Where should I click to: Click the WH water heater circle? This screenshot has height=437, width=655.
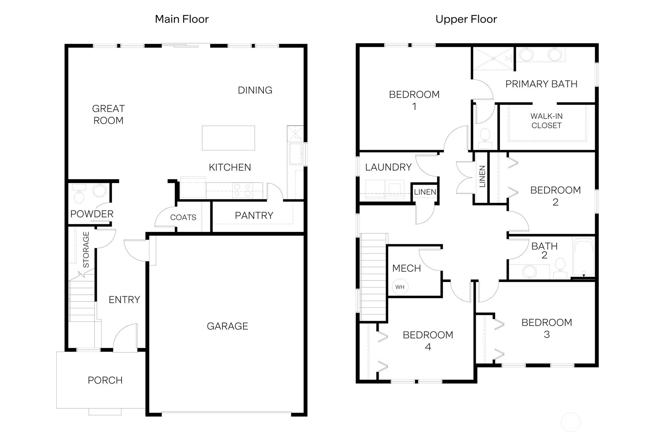click(400, 287)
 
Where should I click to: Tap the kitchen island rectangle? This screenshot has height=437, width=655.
click(228, 138)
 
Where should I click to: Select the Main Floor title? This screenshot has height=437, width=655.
click(181, 19)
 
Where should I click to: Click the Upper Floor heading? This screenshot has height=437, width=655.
click(466, 19)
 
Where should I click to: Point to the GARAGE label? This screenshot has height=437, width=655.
click(227, 326)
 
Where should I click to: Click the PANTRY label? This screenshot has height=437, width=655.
click(254, 216)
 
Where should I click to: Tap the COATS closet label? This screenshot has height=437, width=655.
click(183, 217)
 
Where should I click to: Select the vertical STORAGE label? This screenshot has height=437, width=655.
click(86, 250)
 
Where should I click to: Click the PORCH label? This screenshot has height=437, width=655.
click(105, 380)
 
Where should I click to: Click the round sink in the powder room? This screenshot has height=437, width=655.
click(100, 190)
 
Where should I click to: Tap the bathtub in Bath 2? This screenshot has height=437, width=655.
click(584, 257)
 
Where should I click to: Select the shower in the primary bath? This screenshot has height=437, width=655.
click(494, 59)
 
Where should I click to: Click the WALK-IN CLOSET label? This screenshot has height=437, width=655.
click(546, 121)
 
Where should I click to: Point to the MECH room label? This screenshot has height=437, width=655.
click(406, 268)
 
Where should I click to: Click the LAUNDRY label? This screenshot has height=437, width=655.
click(388, 167)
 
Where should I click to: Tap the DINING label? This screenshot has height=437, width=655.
click(255, 90)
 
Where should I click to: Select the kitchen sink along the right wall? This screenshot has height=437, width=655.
click(296, 154)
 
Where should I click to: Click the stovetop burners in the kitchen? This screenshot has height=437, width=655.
click(243, 190)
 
